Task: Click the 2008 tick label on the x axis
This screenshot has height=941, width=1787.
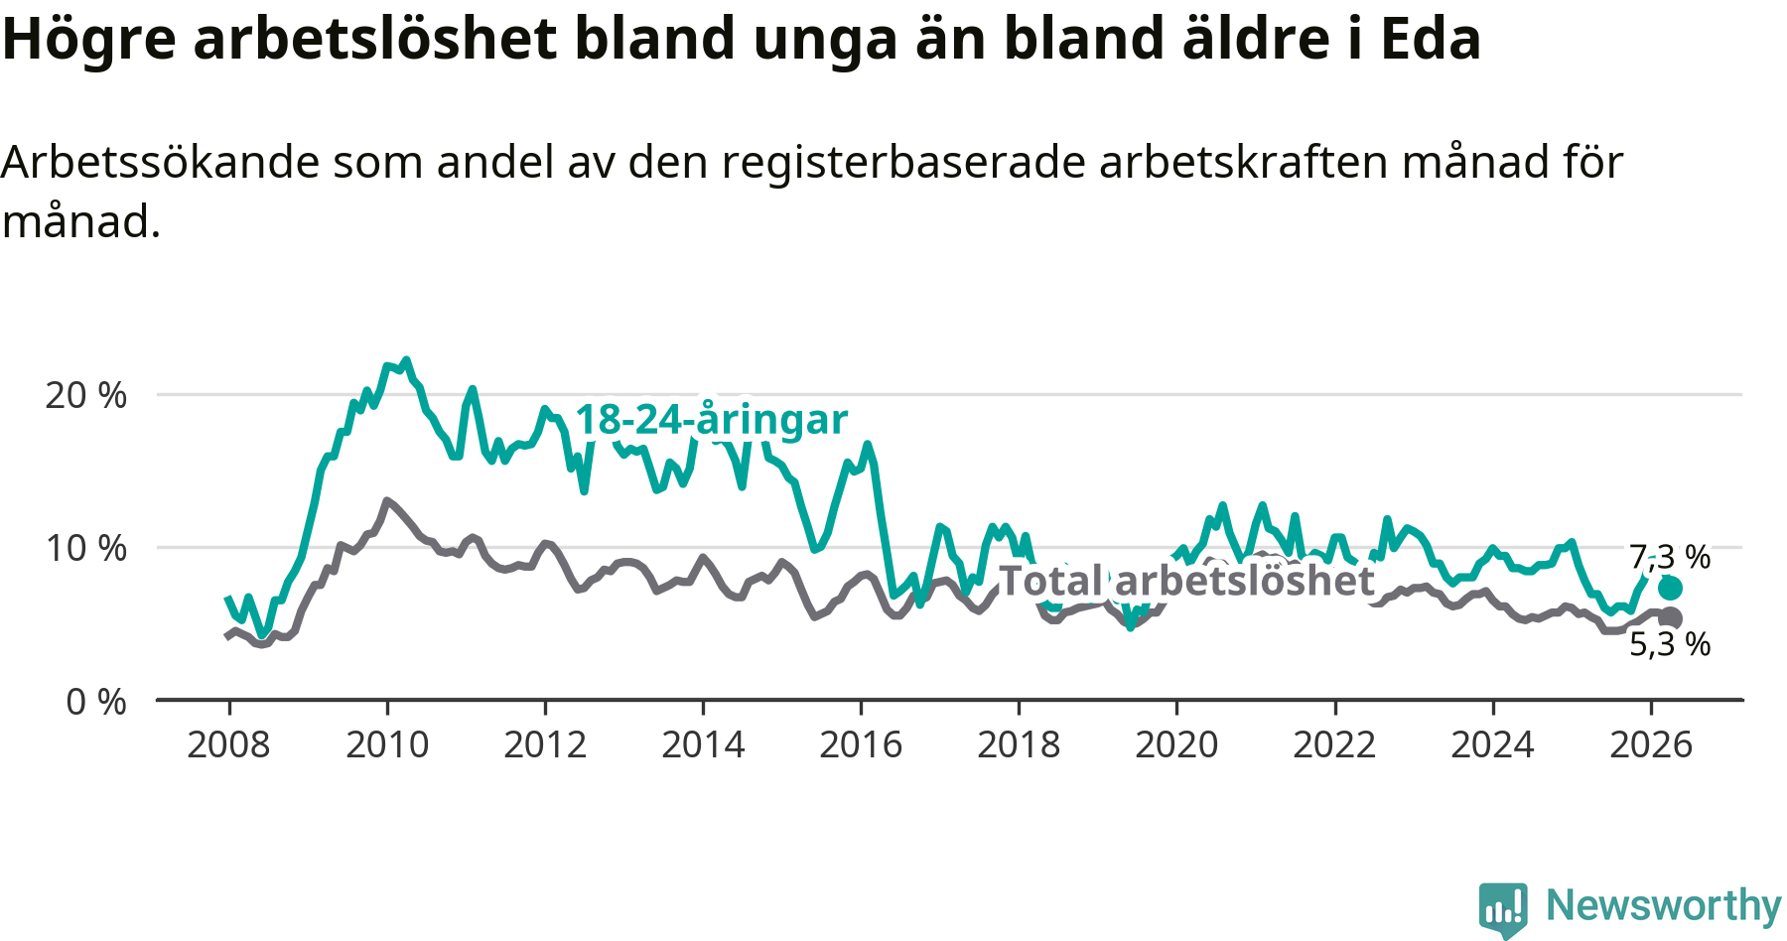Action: point(228,744)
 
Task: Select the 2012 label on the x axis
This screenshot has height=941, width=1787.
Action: point(545,744)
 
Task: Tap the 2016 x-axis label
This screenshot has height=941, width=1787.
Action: point(861,744)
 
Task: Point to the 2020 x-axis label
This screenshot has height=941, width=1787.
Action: point(1176,744)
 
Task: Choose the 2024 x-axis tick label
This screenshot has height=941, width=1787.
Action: point(1492,744)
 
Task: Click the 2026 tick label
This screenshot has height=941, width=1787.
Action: point(1651,744)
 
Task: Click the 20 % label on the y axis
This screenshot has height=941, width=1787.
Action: point(86,395)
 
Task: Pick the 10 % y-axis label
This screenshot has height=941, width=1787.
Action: point(86,548)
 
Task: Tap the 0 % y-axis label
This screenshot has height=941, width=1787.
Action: point(96,702)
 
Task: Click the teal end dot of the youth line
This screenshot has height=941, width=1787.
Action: point(1670,589)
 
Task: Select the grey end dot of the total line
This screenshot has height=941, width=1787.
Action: point(1670,618)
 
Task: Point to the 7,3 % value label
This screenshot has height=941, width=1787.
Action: point(1670,557)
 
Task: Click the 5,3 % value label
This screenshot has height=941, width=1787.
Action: point(1670,644)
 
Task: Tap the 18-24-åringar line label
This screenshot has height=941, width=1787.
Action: point(712,420)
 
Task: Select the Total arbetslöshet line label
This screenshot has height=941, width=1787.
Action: point(1186,581)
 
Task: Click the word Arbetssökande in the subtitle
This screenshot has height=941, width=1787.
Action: point(161,162)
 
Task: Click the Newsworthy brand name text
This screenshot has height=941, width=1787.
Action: point(1664,906)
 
